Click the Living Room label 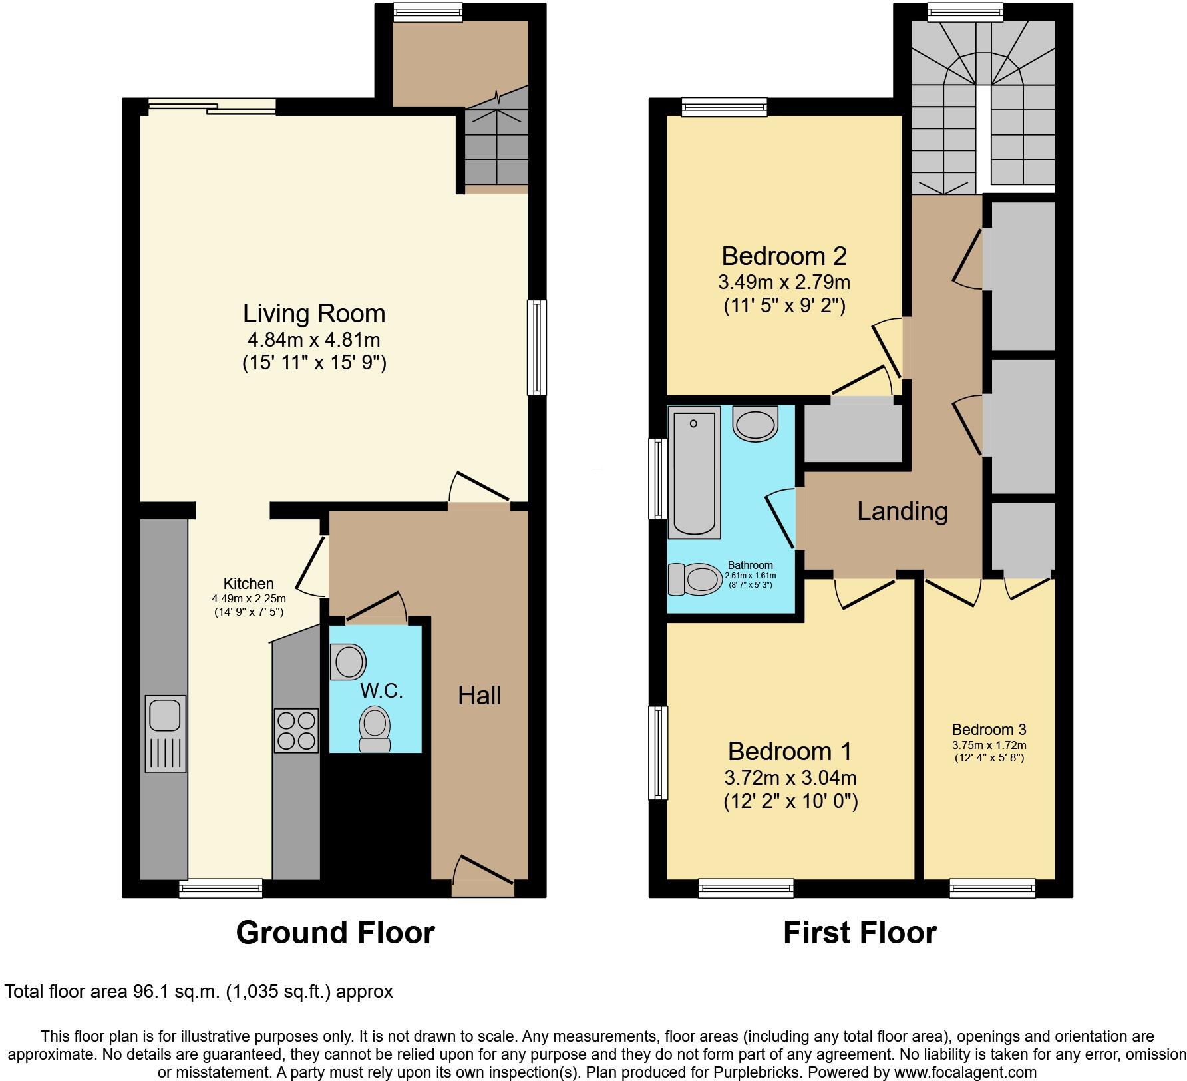coord(313,314)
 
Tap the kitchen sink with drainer coord(165,734)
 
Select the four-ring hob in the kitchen coord(296,730)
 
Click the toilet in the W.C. coord(375,729)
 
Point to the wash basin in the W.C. coord(349,662)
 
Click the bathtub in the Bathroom coord(694,474)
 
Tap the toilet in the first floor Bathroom coord(696,579)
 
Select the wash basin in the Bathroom coord(755,423)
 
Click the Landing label coord(902,511)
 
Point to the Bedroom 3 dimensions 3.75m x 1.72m coord(989,745)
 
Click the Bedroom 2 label coord(784,256)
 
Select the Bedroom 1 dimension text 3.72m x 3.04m coord(790,777)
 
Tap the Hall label coord(479,696)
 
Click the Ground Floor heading coord(335,933)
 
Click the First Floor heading coord(860,933)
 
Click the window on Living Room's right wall coord(536,347)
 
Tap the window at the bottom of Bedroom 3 coord(992,887)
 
